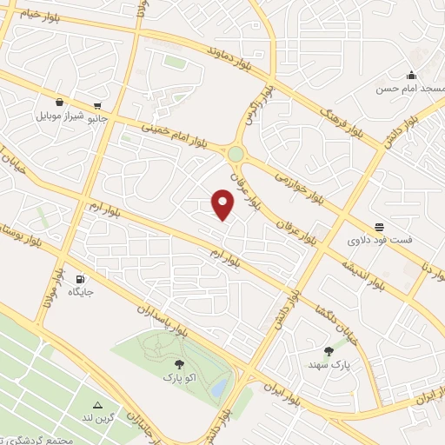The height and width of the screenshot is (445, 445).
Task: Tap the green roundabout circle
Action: click(236, 154)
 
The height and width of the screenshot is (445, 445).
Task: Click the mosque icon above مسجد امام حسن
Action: click(411, 75)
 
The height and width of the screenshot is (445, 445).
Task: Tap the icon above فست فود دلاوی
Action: click(379, 226)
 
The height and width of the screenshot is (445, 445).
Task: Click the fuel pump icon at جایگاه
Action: click(81, 280)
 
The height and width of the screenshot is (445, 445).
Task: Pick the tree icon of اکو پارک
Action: click(179, 365)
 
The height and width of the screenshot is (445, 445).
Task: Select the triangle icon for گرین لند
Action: click(97, 406)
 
